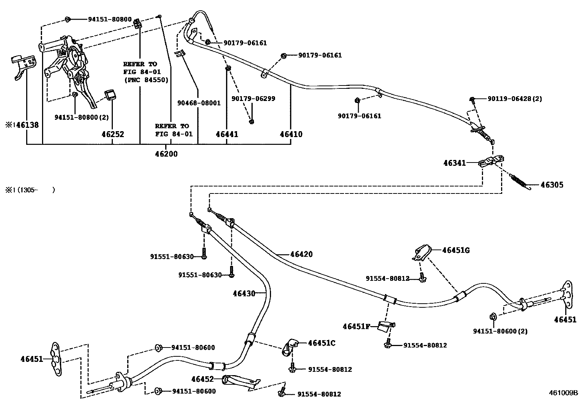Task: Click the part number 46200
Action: [166, 154]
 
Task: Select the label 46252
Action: [112, 134]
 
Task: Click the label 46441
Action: [227, 134]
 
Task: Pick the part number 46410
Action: [291, 134]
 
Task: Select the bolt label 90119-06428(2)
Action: [514, 99]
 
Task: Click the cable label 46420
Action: [301, 254]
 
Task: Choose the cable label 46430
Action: [244, 294]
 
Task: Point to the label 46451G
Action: [456, 251]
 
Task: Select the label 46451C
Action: [322, 343]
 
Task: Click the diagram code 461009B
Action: [564, 393]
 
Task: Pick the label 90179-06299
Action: [253, 99]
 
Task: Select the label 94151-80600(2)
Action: [500, 331]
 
